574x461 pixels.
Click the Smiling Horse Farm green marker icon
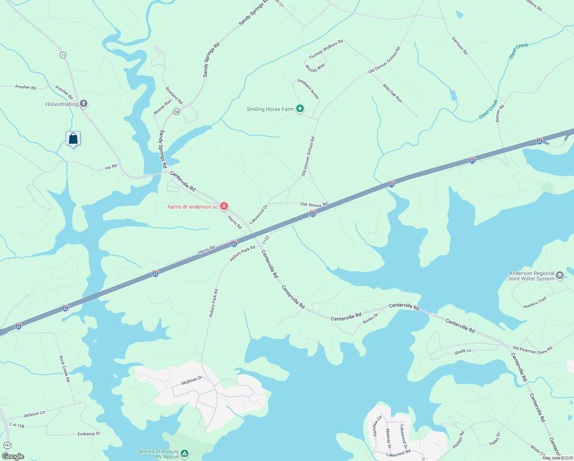point(300,109)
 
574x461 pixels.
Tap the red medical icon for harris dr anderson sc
point(224,206)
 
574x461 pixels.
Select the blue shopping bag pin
point(73,138)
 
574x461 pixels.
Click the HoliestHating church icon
point(84,104)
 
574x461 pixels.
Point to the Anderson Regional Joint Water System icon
point(559,275)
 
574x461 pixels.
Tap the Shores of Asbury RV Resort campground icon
point(185,454)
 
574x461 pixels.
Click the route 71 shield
point(63,55)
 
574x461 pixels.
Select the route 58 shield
point(176,111)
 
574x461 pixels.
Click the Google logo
point(13,456)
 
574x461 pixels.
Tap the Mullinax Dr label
point(191,381)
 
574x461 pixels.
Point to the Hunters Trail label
point(534,303)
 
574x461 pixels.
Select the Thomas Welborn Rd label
point(326,49)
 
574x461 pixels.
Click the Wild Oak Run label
point(392,93)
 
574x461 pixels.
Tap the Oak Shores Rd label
point(314,204)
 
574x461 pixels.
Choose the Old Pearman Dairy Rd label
point(533,350)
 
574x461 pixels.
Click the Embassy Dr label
point(89,434)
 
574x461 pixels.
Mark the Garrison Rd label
point(459,46)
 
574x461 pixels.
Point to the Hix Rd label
point(111,167)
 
